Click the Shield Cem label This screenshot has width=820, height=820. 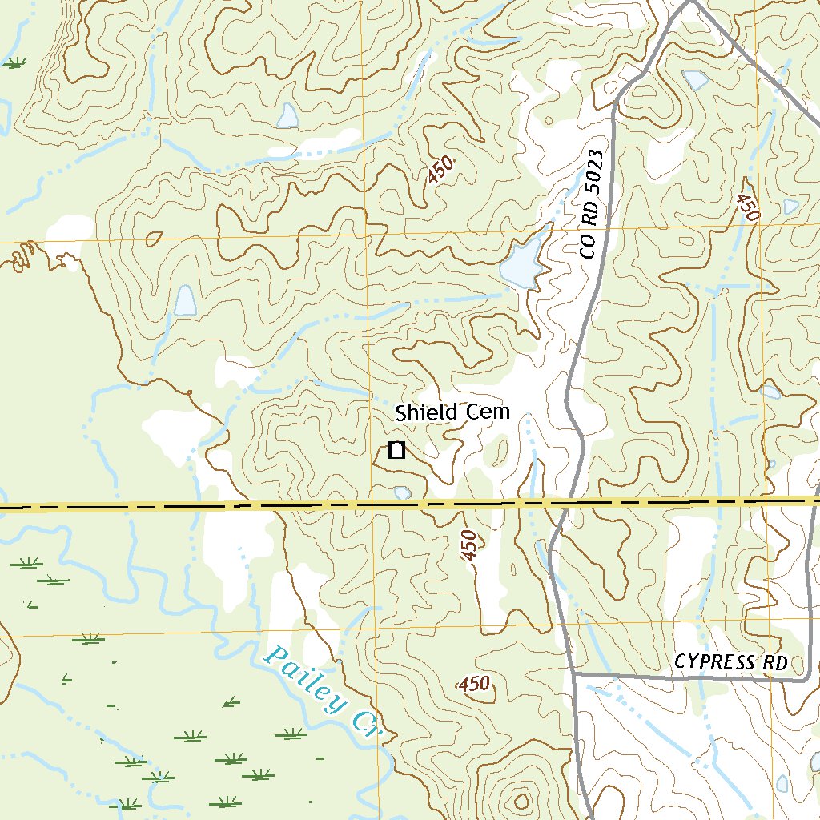pos(452,412)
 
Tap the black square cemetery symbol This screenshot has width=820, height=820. pos(396,450)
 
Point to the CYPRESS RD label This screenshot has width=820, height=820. pos(731,662)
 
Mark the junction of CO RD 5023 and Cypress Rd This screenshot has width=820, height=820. pos(574,674)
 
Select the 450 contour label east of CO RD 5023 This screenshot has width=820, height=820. pos(747,207)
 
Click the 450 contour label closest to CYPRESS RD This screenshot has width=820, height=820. pos(473,684)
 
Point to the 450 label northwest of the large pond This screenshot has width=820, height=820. pos(440,169)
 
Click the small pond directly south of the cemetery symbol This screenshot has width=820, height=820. pos(402,492)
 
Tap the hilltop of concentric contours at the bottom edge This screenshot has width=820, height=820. pos(522,798)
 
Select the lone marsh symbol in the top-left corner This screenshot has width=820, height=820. pos(14,62)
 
